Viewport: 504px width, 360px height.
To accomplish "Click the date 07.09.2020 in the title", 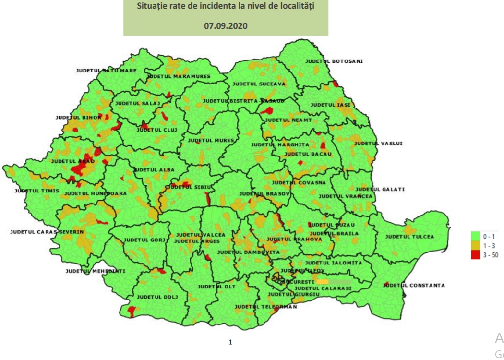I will click(x=226, y=26).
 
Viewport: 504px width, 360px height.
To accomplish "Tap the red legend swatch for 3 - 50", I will click(x=477, y=254).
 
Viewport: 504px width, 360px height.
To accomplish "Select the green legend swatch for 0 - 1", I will click(x=477, y=236).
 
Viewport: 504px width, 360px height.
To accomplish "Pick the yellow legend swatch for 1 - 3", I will click(x=477, y=245).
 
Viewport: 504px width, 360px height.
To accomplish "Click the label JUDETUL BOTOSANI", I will click(x=334, y=61).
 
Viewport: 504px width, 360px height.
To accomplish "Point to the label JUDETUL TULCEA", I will click(x=409, y=237).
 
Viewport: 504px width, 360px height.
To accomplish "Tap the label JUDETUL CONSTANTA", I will click(x=414, y=285).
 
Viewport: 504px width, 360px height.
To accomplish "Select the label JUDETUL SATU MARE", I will click(x=106, y=71).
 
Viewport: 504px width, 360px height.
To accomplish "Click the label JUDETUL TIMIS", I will click(x=36, y=191).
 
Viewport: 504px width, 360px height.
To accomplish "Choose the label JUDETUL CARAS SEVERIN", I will click(x=47, y=232).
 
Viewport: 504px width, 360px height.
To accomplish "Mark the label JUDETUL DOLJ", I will click(x=157, y=297).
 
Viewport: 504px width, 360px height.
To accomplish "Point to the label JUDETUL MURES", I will click(x=211, y=140).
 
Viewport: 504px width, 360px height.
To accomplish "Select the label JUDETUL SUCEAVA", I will click(x=259, y=84).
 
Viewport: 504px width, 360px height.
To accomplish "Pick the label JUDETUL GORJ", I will click(x=144, y=240).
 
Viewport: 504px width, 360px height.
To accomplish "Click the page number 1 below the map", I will click(x=230, y=342).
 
